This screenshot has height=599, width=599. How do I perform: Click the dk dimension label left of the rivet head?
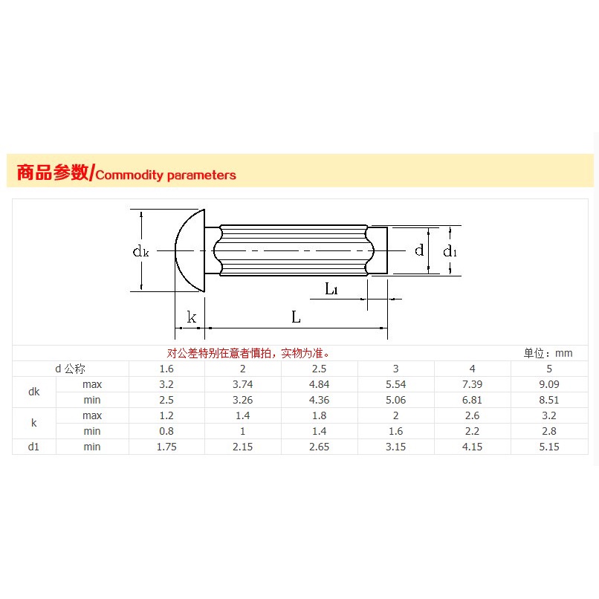tap(140, 252)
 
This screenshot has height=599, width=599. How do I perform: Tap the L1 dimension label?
tap(331, 289)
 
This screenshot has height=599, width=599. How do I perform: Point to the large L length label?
tap(296, 317)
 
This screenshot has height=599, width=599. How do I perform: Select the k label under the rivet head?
tap(192, 318)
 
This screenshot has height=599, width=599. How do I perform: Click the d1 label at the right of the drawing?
tap(450, 251)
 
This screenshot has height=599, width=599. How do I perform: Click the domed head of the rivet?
tap(190, 250)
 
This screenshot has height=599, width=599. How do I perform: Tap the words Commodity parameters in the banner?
tap(166, 175)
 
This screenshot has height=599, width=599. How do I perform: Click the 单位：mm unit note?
tap(548, 353)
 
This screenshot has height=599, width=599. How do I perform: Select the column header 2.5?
tap(319, 369)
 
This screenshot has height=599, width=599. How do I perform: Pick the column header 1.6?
tap(166, 369)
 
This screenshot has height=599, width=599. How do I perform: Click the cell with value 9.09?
tap(548, 384)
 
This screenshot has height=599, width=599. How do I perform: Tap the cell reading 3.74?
tap(243, 384)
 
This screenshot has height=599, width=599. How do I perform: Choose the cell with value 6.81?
tap(472, 400)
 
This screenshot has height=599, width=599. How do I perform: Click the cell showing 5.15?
tap(548, 447)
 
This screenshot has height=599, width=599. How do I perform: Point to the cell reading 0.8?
tap(166, 431)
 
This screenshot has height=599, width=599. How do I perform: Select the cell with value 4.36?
tap(319, 400)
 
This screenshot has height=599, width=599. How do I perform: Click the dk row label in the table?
tap(34, 392)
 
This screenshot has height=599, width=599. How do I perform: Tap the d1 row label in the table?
tap(34, 447)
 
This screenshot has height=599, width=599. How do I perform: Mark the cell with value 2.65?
tap(319, 447)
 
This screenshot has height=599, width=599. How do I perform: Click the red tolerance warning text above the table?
tap(248, 353)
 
